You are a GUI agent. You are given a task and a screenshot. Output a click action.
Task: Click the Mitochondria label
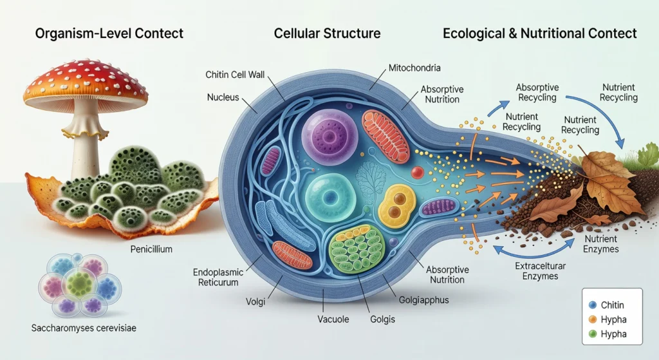click(414, 68)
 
